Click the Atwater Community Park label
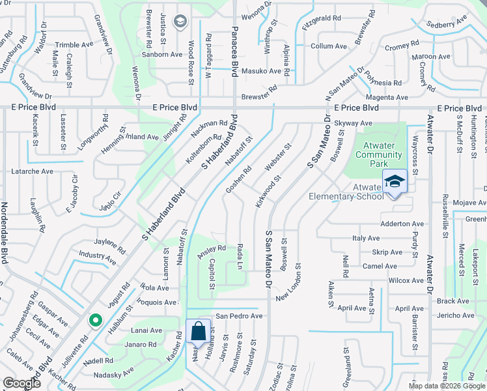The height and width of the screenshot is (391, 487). point(378,155)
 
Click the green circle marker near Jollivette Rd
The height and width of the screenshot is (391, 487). point(95,320)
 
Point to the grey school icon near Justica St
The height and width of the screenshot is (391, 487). point(180,23)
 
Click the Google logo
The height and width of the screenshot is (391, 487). point(21,383)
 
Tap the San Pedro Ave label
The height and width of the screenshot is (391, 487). point(239,316)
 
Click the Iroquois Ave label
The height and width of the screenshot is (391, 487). point(158,302)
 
